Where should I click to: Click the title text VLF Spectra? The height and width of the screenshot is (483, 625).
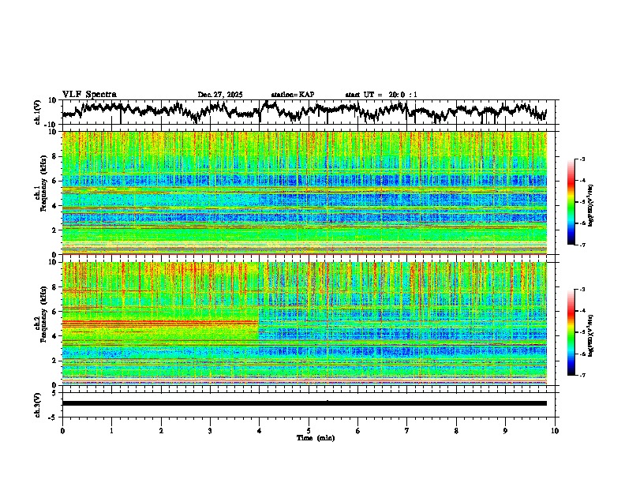pos(89,94)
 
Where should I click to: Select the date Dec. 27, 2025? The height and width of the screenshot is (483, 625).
pos(220,95)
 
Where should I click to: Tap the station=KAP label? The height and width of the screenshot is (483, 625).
pos(292,95)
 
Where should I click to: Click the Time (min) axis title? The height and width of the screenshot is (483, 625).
pos(315,437)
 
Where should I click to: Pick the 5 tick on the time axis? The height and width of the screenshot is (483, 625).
pos(309,431)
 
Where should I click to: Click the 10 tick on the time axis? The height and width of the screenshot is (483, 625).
pos(555,431)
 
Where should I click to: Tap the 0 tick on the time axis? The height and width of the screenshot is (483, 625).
pos(62,431)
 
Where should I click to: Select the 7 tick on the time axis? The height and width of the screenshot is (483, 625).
pos(407,431)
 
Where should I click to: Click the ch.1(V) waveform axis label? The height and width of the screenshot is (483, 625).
pos(38,112)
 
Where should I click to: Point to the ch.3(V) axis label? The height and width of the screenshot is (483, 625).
pos(38,403)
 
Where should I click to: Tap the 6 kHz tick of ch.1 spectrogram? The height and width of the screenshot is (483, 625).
pos(56,181)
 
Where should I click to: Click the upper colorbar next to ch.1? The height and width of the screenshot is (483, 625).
pos(578,202)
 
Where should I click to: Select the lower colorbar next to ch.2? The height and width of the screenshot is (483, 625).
pos(578,332)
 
